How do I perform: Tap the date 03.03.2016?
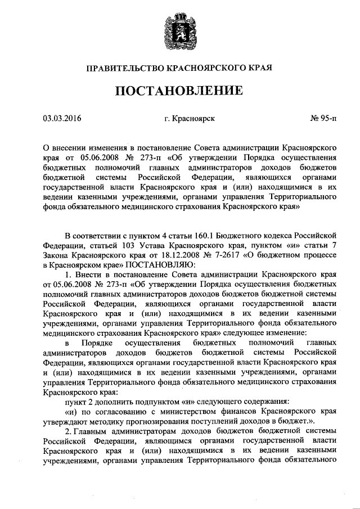[x=62, y=119]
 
